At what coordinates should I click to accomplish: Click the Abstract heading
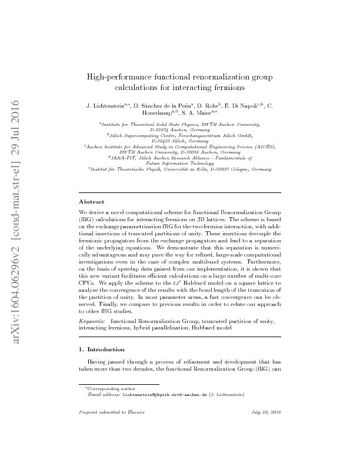pyautogui.click(x=91, y=201)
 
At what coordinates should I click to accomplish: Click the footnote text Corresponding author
pyautogui.click(x=108, y=389)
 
